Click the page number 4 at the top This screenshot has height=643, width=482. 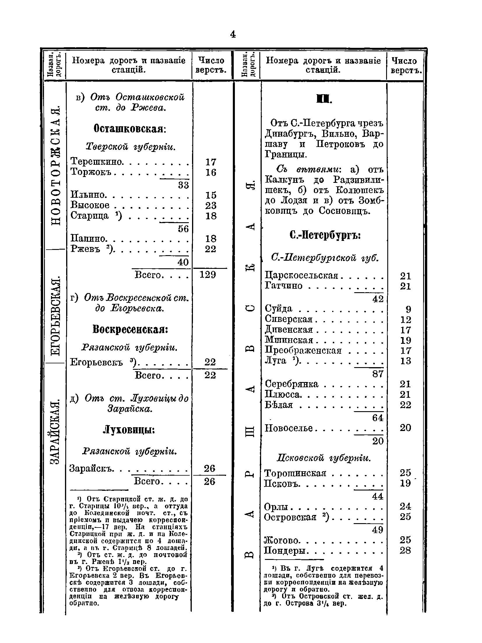[233, 35]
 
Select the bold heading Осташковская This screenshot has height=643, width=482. [130, 128]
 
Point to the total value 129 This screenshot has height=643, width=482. [208, 274]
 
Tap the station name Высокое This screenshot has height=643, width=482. [90, 205]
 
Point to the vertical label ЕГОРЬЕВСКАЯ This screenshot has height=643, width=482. [55, 316]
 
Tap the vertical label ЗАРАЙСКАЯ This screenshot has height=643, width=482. [55, 432]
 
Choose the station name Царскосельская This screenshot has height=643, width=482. [301, 276]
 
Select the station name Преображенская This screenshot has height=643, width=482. [303, 350]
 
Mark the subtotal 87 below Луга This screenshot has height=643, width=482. [378, 374]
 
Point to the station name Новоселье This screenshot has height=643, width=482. [289, 428]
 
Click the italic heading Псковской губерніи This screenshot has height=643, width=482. [323, 458]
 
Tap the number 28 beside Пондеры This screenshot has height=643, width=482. [405, 551]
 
